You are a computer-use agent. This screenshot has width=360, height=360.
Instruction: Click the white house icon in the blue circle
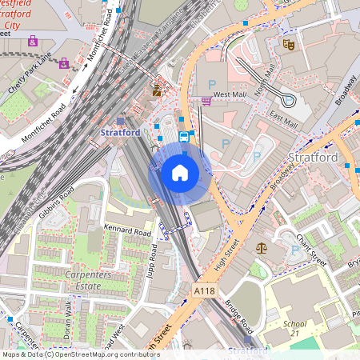pyautogui.click(x=180, y=172)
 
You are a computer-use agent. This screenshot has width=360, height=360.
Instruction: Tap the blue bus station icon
pyautogui.click(x=185, y=137)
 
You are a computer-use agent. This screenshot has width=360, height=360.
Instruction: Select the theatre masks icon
pyautogui.click(x=288, y=46)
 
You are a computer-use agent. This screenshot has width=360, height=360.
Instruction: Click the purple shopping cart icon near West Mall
pyautogui.click(x=206, y=100)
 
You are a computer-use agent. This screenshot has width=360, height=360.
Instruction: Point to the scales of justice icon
pyautogui.click(x=259, y=249)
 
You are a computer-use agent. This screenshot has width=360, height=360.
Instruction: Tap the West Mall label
pyautogui.click(x=229, y=95)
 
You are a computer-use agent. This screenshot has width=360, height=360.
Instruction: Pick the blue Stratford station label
pyautogui.click(x=120, y=131)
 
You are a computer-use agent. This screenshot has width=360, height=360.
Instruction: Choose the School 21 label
pyautogui.click(x=294, y=329)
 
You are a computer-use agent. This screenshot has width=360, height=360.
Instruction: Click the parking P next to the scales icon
pyautogui.click(x=295, y=250)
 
